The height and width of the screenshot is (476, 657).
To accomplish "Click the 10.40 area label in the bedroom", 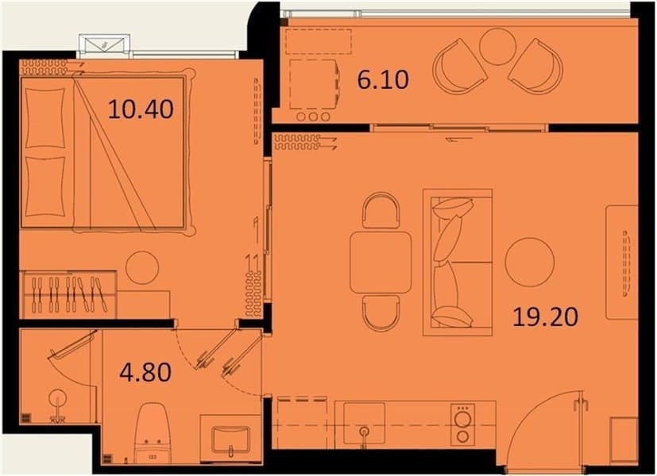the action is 141,109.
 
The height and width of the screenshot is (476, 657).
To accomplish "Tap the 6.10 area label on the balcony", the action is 383,80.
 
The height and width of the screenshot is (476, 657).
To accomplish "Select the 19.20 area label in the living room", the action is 546,317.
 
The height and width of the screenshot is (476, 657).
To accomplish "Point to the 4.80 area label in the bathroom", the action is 145,372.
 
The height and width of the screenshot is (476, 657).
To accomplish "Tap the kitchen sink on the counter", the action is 364,424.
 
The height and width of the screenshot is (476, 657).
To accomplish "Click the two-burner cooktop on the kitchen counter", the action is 462,424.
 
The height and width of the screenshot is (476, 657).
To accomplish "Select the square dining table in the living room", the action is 381,263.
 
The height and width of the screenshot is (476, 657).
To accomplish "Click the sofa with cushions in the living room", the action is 458,263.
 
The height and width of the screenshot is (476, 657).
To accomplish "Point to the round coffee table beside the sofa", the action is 530,263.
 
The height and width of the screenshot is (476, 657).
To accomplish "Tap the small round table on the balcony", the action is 497,46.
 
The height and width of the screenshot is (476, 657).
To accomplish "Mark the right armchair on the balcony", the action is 536,66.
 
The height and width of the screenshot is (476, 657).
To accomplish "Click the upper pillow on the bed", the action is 45,118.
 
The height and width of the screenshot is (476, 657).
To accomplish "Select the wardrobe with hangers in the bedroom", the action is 68,294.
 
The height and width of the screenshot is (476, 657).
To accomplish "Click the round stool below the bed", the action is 142,267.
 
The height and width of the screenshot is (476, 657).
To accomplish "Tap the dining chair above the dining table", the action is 381,210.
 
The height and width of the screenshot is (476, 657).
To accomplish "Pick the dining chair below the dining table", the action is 381,313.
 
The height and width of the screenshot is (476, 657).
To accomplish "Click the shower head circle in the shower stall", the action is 57,399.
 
